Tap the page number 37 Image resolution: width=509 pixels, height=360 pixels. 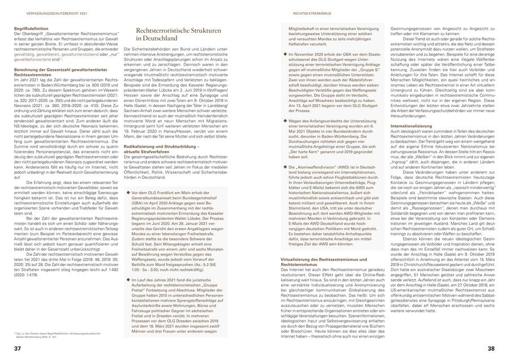click(x=18, y=347)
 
